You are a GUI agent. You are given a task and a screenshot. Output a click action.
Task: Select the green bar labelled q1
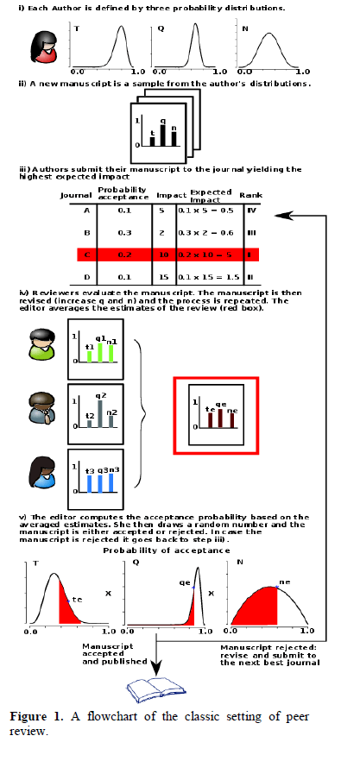(x=100, y=349)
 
